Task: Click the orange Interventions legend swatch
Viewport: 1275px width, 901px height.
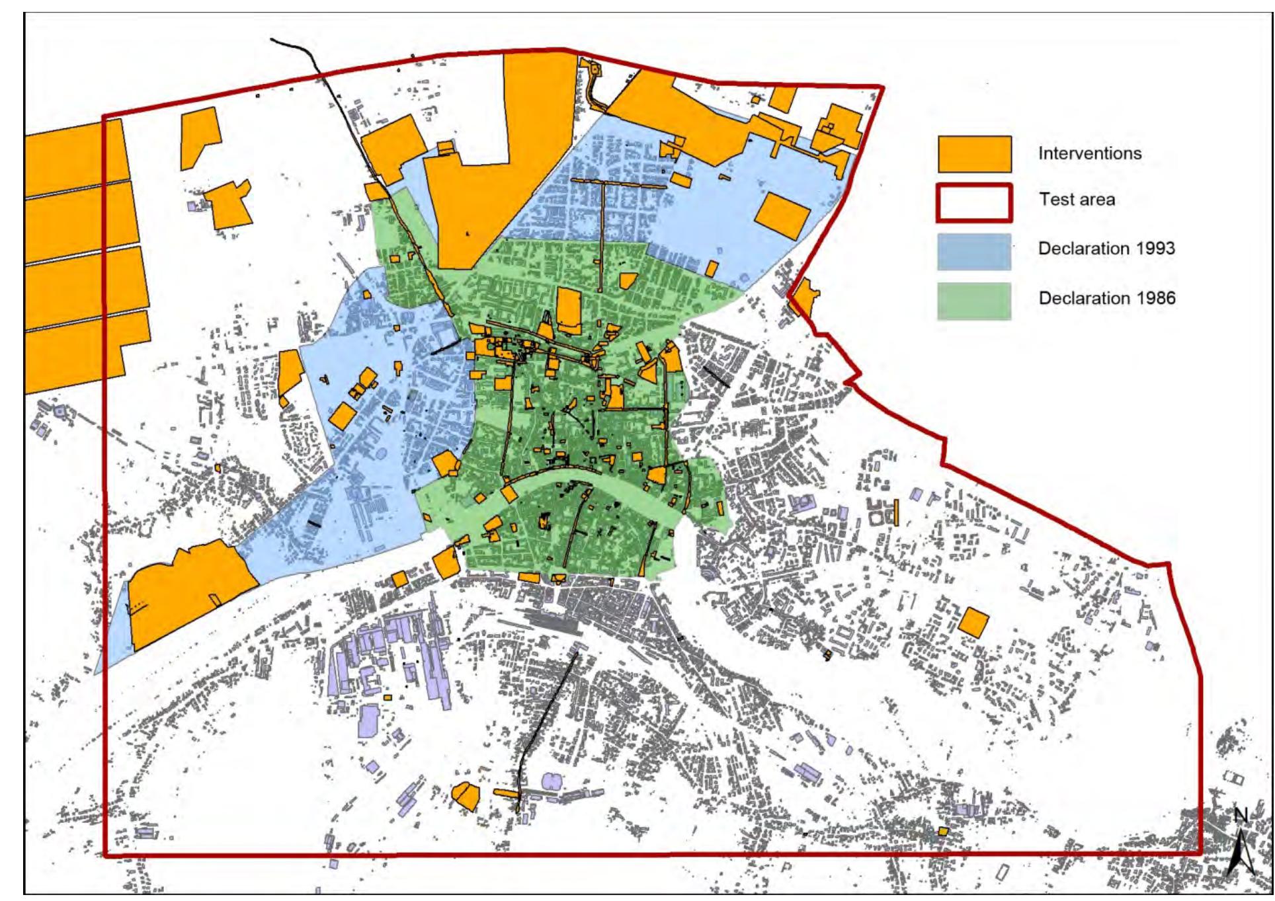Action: (x=974, y=154)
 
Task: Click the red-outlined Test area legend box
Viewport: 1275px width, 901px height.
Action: (x=974, y=202)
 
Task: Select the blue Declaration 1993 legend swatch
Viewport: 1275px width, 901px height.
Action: (x=974, y=251)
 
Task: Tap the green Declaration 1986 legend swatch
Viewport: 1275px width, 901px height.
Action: (x=974, y=301)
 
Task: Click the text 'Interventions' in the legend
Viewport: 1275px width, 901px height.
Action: (x=1089, y=153)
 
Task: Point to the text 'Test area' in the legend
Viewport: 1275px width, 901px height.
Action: (x=1076, y=199)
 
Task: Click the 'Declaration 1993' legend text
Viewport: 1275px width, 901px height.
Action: (x=1106, y=249)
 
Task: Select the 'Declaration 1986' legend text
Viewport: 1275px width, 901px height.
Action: (x=1106, y=298)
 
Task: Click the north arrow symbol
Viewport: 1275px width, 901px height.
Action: (x=1240, y=853)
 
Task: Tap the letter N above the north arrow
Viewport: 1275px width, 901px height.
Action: (x=1240, y=815)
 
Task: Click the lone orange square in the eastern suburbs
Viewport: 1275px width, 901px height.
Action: (x=973, y=622)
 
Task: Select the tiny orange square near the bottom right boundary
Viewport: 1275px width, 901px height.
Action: (x=943, y=831)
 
